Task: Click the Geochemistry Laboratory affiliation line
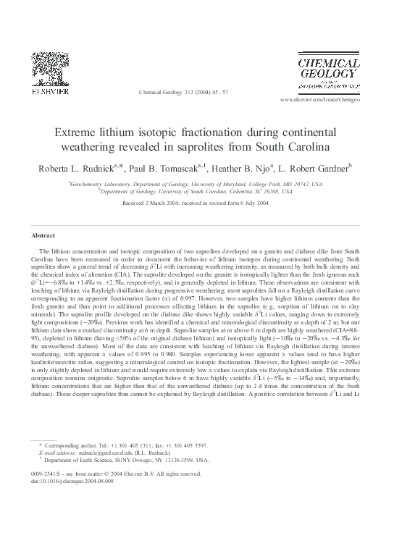click(196, 185)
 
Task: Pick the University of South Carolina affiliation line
click(196, 193)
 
